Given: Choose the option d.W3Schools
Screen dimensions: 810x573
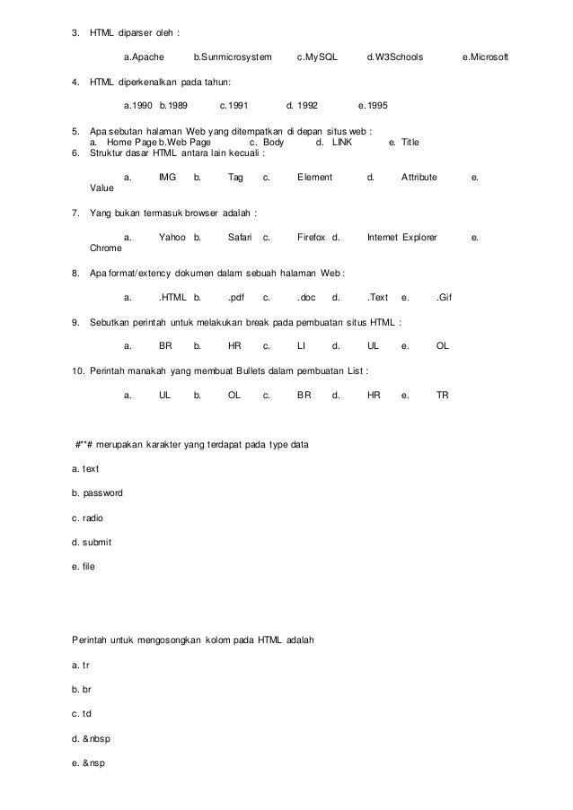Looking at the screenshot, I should point(394,58).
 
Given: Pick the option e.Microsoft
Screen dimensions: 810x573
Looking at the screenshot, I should point(484,58).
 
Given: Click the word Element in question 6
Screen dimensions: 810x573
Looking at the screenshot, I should point(314,178).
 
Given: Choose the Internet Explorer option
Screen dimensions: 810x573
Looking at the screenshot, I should point(401,238).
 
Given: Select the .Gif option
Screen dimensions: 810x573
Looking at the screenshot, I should point(444,296).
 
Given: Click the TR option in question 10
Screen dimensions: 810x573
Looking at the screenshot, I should point(442,395).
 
